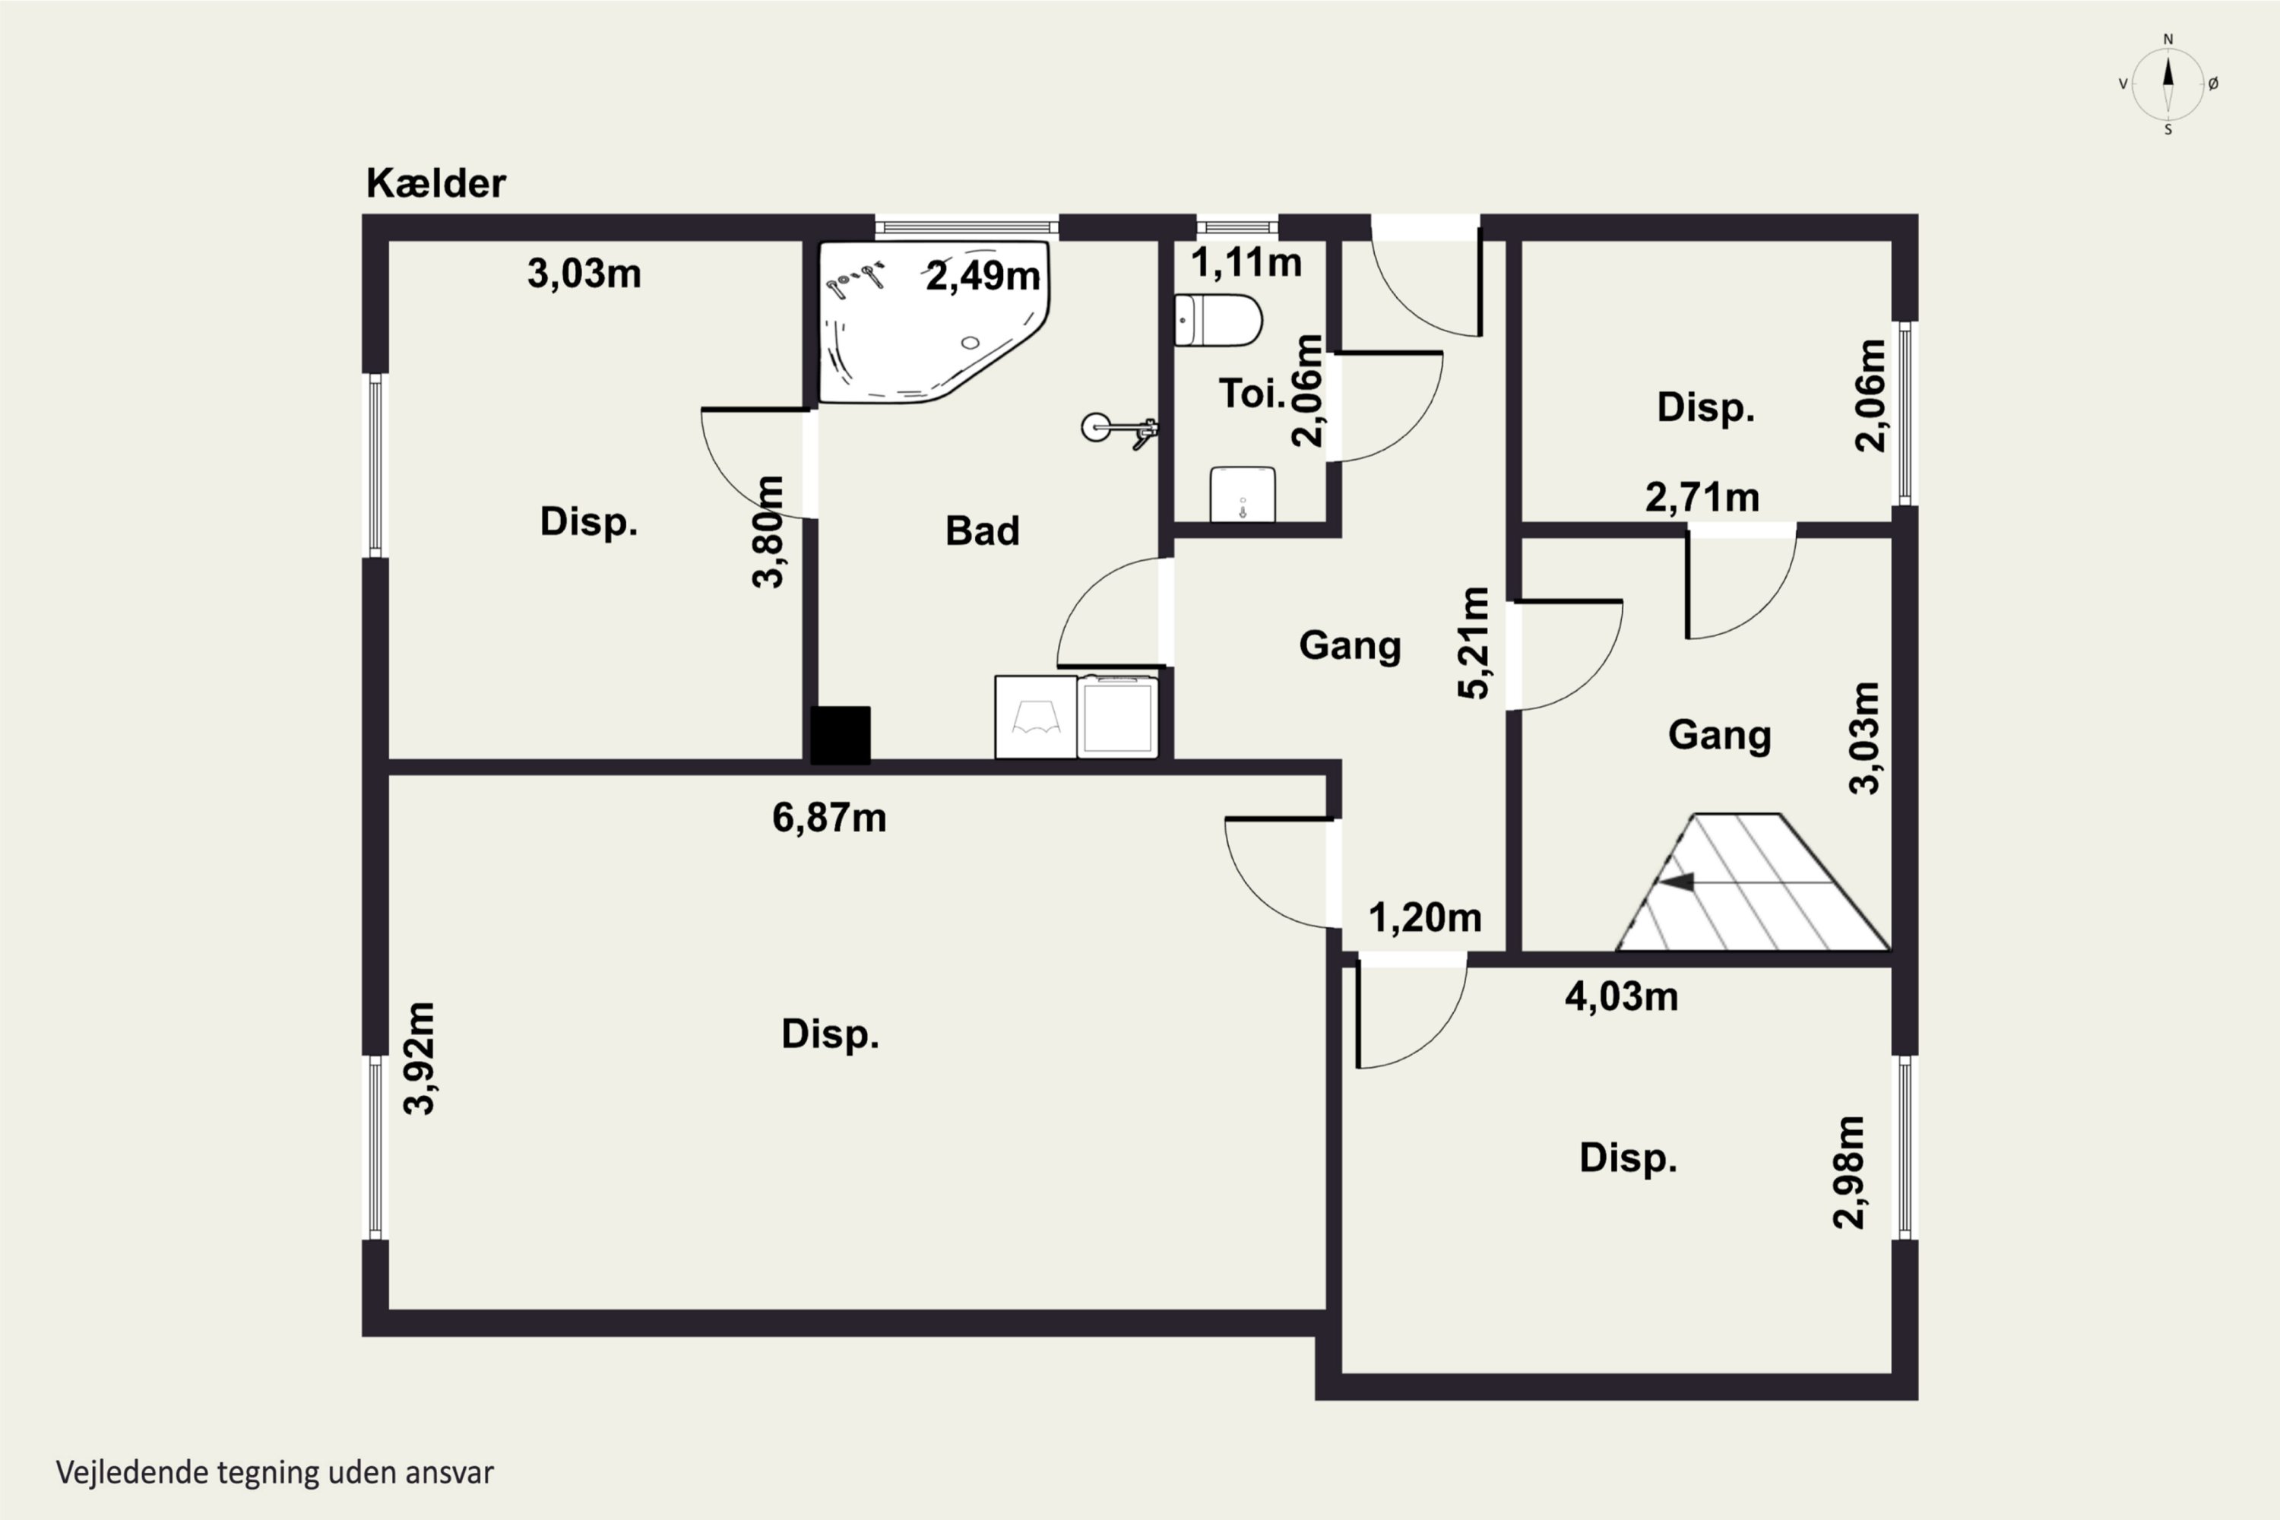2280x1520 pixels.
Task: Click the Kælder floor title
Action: (435, 183)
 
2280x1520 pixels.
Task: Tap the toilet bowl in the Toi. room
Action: (1218, 321)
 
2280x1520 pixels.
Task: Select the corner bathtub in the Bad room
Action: (933, 321)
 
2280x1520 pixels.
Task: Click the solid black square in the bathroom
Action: (841, 735)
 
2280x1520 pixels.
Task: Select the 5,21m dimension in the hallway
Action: (1474, 643)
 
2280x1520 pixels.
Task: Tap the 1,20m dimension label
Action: (1425, 917)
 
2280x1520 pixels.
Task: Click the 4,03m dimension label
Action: (1622, 996)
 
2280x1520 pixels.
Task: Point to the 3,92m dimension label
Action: (419, 1059)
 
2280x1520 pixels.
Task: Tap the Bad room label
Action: (982, 531)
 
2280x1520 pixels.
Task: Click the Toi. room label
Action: (1252, 394)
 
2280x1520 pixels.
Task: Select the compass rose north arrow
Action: (2168, 84)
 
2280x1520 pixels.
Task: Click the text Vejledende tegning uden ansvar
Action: (275, 1473)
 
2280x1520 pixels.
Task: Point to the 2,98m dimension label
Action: (1848, 1173)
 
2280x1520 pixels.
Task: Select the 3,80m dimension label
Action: (768, 532)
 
